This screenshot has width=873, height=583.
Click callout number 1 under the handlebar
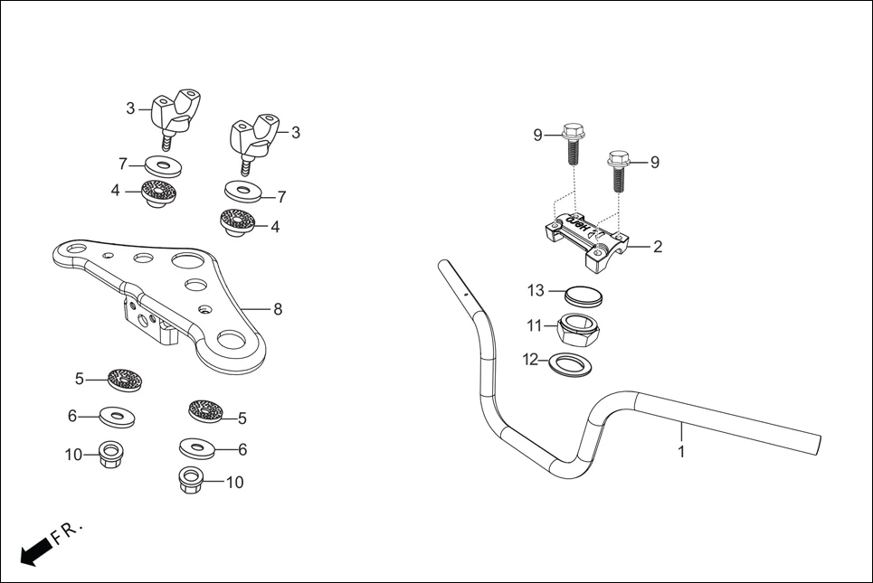[x=681, y=449]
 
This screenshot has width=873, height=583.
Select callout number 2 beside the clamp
[x=658, y=247]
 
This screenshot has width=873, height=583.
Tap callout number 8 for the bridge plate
[x=278, y=309]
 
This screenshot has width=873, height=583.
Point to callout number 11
[x=536, y=324]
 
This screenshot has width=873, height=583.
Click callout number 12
[x=530, y=360]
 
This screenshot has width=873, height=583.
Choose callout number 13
[x=536, y=290]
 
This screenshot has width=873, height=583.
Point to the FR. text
[x=67, y=532]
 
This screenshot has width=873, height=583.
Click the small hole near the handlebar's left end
[x=467, y=295]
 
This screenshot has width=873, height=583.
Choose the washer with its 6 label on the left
[x=115, y=417]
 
